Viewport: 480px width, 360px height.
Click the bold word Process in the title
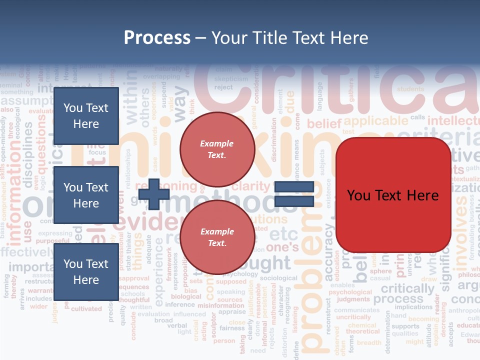[x=157, y=37]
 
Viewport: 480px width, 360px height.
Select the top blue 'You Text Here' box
[x=86, y=116]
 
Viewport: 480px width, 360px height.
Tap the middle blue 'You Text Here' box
[x=86, y=195]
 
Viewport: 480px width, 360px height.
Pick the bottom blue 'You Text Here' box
[x=86, y=272]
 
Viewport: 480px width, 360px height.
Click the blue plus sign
[x=154, y=194]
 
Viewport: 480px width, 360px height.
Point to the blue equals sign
[x=294, y=194]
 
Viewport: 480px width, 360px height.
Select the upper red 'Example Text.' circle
[x=217, y=149]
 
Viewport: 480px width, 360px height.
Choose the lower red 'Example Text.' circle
[x=217, y=237]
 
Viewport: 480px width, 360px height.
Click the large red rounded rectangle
[x=393, y=195]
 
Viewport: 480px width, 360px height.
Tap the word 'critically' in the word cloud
[x=407, y=288]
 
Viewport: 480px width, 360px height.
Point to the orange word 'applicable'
[x=376, y=121]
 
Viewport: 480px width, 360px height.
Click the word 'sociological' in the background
[x=278, y=278]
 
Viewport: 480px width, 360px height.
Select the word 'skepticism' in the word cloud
[x=231, y=79]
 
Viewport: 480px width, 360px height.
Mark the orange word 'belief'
[x=323, y=123]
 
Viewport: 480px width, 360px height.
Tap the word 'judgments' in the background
[x=353, y=299]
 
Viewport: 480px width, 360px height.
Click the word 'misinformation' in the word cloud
[x=221, y=305]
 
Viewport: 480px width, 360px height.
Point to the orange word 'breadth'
[x=369, y=342]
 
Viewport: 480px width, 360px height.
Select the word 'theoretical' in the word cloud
[x=363, y=331]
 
